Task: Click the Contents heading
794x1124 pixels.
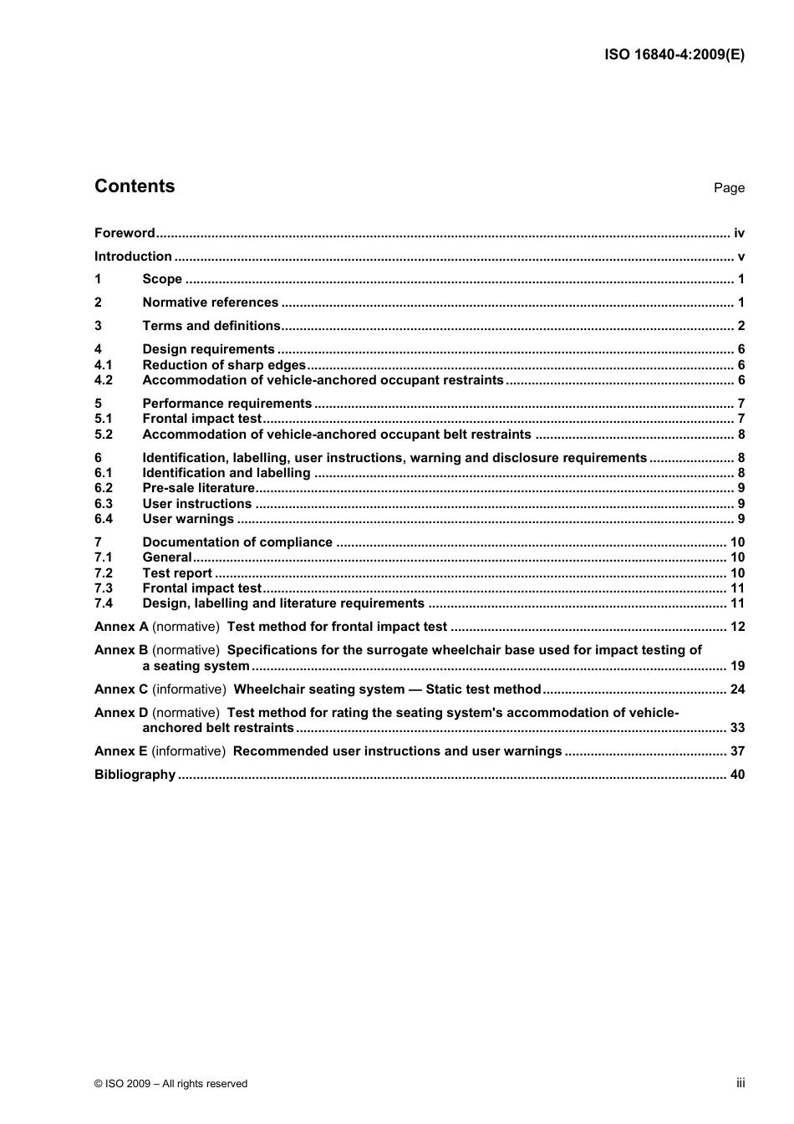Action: (x=135, y=186)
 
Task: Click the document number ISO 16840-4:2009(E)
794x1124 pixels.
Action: (x=674, y=55)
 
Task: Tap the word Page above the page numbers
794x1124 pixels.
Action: (x=729, y=188)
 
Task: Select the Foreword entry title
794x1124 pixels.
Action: (x=125, y=233)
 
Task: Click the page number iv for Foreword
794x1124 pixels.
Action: (x=739, y=233)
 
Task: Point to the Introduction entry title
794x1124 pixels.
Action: (x=133, y=257)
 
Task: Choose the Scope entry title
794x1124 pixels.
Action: (x=162, y=279)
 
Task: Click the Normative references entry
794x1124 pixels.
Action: (x=210, y=303)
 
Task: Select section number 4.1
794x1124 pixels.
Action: (x=104, y=365)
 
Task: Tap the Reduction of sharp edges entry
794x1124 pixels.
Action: (x=224, y=365)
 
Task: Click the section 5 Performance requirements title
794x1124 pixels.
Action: (x=226, y=404)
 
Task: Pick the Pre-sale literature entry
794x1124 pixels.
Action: (x=198, y=488)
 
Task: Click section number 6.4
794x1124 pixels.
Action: (x=104, y=519)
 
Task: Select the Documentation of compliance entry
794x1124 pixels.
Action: (x=237, y=542)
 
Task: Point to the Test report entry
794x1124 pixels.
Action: (x=177, y=573)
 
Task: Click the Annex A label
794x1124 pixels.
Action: (x=121, y=627)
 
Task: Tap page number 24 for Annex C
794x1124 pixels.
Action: (x=737, y=689)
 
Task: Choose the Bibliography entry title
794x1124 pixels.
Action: (x=135, y=775)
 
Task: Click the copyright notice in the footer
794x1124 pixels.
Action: (x=171, y=1084)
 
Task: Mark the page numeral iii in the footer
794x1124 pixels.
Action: (x=741, y=1083)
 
